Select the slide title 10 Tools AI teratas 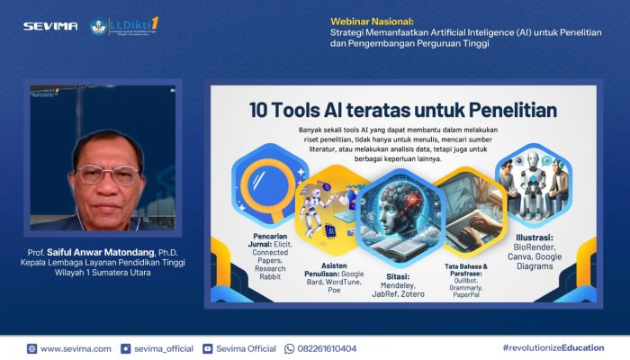(x=403, y=111)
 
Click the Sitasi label (x=399, y=276)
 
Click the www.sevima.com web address (x=76, y=348)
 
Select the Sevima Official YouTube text (x=245, y=348)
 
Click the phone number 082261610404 (x=327, y=348)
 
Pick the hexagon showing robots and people (x=533, y=181)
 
